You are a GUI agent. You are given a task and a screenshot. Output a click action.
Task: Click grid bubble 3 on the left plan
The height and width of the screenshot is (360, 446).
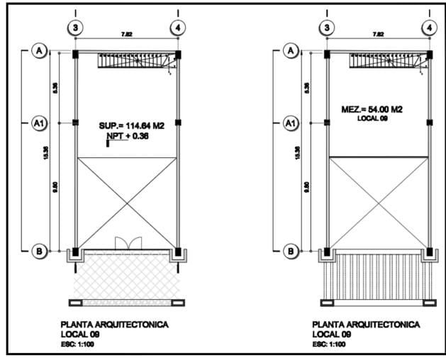click(76, 27)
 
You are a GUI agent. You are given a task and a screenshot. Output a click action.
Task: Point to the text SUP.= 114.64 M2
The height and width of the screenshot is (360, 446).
click(132, 125)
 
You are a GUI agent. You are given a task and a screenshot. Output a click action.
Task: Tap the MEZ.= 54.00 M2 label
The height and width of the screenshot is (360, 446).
click(372, 109)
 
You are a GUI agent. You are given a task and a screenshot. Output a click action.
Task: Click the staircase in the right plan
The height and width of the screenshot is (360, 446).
click(386, 62)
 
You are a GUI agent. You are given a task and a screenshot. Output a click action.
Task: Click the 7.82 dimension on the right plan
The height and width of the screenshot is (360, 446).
click(378, 34)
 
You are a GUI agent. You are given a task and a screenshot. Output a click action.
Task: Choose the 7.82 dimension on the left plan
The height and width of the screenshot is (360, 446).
click(127, 34)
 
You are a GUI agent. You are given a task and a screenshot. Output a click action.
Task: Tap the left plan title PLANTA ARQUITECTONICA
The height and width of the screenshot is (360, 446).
click(115, 324)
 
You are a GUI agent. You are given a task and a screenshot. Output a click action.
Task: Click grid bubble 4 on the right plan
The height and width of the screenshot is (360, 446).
click(428, 27)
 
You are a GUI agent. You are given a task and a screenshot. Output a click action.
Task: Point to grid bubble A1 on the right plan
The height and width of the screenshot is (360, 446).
click(290, 123)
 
